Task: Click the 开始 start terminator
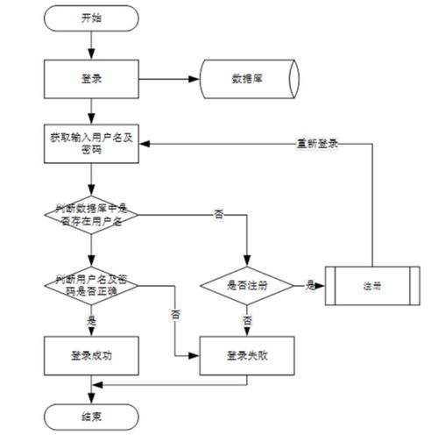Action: [90, 17]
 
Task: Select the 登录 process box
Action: [90, 78]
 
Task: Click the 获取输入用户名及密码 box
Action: [90, 144]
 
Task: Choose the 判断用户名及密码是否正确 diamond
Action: [90, 284]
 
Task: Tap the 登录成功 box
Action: [90, 356]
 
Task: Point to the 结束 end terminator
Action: [90, 415]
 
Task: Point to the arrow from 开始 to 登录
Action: [90, 44]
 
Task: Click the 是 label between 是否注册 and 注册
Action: [310, 284]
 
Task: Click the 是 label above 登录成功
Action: [91, 321]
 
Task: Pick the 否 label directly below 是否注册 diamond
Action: [247, 321]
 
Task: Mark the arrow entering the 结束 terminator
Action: [90, 393]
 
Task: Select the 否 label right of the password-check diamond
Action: [176, 312]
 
